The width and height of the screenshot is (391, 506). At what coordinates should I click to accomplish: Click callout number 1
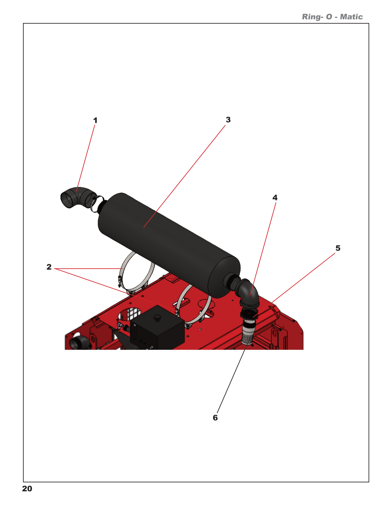95,121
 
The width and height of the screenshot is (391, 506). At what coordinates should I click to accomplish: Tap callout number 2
49,267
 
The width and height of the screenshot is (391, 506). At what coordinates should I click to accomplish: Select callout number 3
228,120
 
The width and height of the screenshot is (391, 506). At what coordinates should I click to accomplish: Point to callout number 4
275,198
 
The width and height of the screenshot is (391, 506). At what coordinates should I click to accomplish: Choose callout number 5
338,248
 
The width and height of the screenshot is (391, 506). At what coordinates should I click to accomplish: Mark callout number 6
215,418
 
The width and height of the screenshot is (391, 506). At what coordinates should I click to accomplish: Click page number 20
27,489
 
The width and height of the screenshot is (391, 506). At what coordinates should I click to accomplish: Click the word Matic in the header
351,17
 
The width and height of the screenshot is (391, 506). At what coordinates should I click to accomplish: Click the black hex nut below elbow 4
249,314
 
